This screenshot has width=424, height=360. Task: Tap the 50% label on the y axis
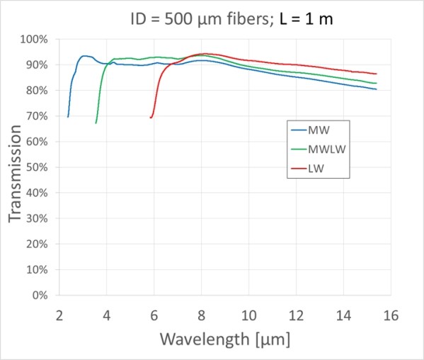[x=35, y=167]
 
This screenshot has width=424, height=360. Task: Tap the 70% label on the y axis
[x=35, y=116]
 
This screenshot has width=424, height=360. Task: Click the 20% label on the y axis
[x=35, y=244]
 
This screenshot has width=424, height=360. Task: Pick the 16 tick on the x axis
[x=391, y=313]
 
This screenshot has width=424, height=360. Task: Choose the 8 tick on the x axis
[x=201, y=313]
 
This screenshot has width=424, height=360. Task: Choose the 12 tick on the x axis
[x=296, y=313]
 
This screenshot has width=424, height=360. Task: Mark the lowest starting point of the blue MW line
[x=68, y=116]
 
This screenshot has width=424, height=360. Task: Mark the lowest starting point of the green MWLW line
[x=96, y=123]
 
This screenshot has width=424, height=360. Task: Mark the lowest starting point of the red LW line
[x=151, y=118]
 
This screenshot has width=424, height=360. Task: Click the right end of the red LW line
[x=376, y=74]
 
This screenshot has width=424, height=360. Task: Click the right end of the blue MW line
[x=376, y=89]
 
